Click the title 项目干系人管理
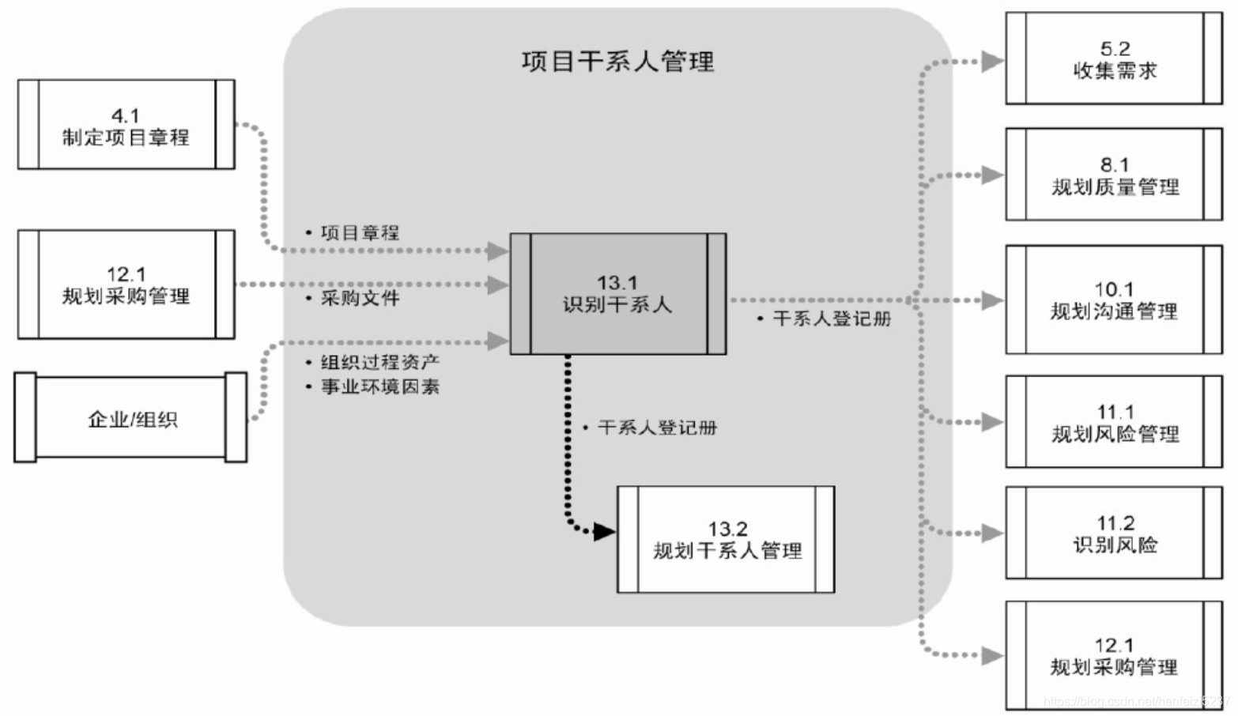pos(617,62)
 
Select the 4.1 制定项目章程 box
pos(126,125)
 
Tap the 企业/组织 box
pos(131,418)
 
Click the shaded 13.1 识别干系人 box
pos(617,294)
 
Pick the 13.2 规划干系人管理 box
pos(726,540)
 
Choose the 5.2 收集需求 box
pos(1114,59)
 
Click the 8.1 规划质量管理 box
pos(1114,175)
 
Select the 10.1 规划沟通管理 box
pos(1114,300)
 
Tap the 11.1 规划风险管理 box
pos(1114,423)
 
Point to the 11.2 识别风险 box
pos(1114,533)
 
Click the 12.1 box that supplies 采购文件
pos(126,285)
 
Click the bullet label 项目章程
pos(360,232)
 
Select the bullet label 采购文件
pos(360,298)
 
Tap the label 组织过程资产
pos(379,362)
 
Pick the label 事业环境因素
pos(379,386)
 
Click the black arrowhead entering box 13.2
pos(604,532)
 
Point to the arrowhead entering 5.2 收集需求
pos(992,61)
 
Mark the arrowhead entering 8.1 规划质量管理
pos(992,175)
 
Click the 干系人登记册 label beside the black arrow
pos(657,428)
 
